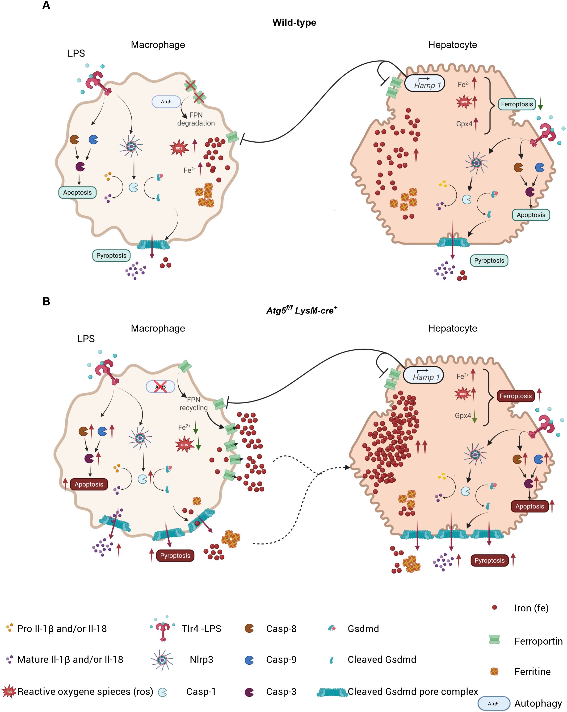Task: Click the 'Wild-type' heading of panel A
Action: [294, 22]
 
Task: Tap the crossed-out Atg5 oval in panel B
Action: [161, 386]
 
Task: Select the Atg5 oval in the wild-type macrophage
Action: [166, 102]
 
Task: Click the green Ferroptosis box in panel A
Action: [517, 104]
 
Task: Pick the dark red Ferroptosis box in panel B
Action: [516, 396]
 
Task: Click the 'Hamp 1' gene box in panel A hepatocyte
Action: [425, 84]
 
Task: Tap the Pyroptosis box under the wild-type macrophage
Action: [111, 256]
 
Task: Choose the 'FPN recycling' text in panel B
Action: [194, 404]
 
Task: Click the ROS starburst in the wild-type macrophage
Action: [179, 148]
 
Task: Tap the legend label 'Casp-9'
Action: [281, 659]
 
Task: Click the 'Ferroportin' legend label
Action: [538, 641]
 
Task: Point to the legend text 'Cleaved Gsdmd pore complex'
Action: [413, 691]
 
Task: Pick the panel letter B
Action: [46, 302]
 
